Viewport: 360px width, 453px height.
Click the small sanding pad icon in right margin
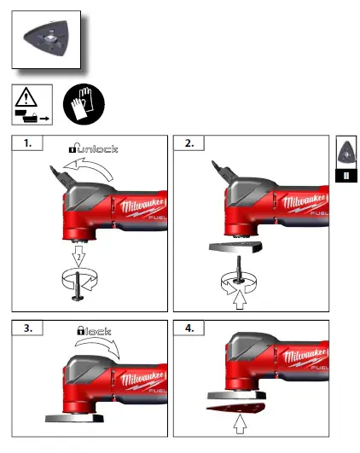click(x=345, y=152)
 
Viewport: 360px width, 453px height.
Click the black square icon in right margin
click(x=345, y=176)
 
